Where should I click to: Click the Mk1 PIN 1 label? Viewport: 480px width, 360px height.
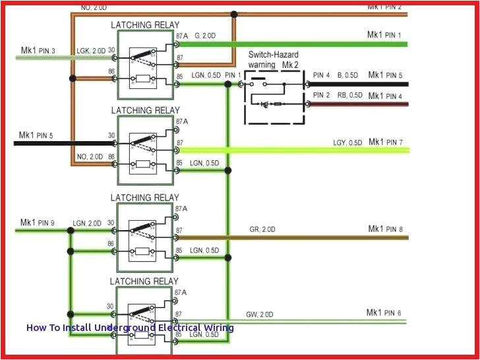pyautogui.click(x=384, y=34)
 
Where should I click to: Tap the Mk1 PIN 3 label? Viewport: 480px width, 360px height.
pyautogui.click(x=38, y=50)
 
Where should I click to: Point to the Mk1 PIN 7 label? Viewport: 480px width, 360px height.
pyautogui.click(x=385, y=142)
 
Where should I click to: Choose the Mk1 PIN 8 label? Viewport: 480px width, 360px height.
pyautogui.click(x=385, y=229)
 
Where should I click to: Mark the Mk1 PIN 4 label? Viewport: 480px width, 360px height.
pyautogui.click(x=385, y=96)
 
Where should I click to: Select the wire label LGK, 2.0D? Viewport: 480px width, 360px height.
pyautogui.click(x=90, y=51)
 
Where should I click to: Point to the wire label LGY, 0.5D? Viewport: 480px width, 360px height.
pyautogui.click(x=347, y=143)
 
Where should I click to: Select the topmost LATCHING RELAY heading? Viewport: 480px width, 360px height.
pyautogui.click(x=144, y=24)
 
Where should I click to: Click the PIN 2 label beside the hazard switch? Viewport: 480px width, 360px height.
pyautogui.click(x=322, y=96)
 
